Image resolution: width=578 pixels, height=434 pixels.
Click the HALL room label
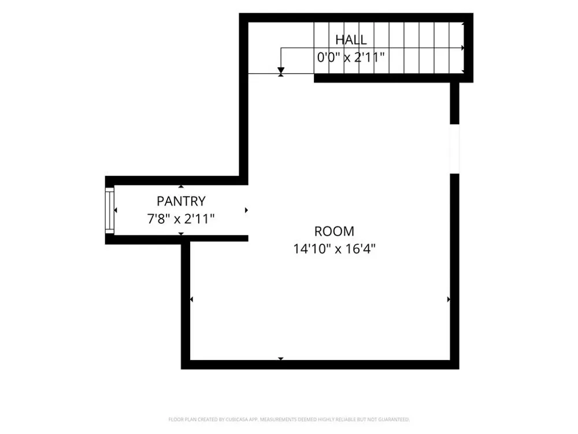click(x=351, y=39)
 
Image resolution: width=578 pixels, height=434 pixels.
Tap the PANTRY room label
click(x=181, y=201)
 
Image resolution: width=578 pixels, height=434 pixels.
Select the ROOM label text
click(x=334, y=231)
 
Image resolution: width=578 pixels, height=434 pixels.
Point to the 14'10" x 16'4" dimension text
click(x=334, y=249)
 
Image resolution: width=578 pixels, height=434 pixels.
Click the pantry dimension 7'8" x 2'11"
click(x=180, y=219)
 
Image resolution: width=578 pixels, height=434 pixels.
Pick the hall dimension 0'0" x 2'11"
click(x=351, y=57)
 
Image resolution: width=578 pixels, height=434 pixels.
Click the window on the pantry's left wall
click(x=109, y=211)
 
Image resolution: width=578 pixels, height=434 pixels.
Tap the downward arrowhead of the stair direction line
click(x=281, y=71)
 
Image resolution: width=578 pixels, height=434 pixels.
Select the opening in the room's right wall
click(x=454, y=149)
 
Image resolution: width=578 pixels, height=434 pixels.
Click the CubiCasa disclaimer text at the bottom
click(x=289, y=420)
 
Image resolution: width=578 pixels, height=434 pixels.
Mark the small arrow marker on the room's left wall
click(x=191, y=299)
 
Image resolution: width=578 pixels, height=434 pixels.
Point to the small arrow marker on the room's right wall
click(x=449, y=299)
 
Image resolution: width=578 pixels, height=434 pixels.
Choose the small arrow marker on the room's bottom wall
click(x=281, y=359)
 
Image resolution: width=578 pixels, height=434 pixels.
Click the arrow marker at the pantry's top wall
click(x=180, y=186)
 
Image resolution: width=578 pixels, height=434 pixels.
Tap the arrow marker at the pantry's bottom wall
click(x=180, y=234)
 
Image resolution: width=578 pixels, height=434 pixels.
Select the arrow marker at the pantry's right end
click(x=246, y=210)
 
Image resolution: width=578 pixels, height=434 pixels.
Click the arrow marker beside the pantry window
click(x=116, y=210)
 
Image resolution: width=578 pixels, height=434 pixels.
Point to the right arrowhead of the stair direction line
click(x=462, y=48)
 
